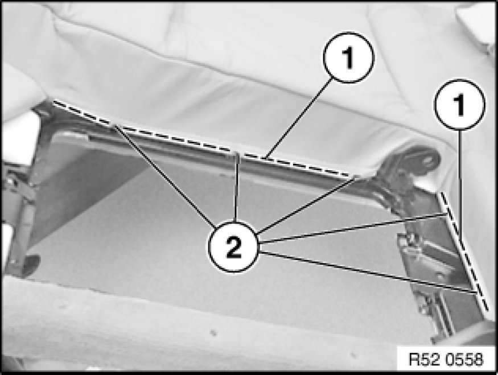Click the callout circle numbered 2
(234, 247)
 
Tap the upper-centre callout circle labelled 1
(349, 57)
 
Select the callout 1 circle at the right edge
(459, 105)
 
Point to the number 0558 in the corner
(464, 360)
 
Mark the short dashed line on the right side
(464, 251)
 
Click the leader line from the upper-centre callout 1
(299, 118)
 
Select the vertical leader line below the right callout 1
(459, 184)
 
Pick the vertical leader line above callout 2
(236, 187)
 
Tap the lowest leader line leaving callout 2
(368, 271)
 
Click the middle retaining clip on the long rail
(237, 158)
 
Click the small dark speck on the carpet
(213, 333)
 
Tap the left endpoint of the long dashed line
(53, 102)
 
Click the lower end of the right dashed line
(487, 309)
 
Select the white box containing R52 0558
(446, 359)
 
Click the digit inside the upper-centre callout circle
(349, 58)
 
